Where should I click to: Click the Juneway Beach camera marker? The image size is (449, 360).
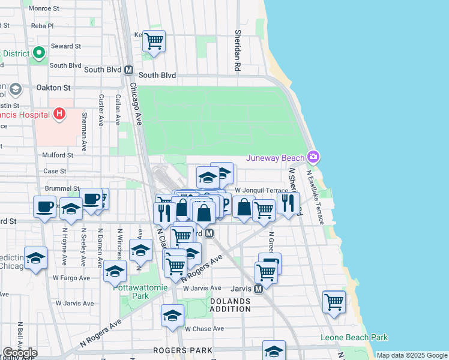(x=313, y=157)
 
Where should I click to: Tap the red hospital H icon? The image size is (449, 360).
(x=59, y=113)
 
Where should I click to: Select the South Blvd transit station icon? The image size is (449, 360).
(x=128, y=70)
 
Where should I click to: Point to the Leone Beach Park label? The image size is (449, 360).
(x=354, y=337)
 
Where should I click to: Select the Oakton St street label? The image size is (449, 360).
(x=53, y=87)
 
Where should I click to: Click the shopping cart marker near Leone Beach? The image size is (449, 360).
(x=334, y=302)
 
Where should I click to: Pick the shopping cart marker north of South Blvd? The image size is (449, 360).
(x=154, y=41)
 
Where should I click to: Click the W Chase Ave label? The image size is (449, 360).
(x=204, y=329)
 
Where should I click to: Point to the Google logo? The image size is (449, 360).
(x=20, y=353)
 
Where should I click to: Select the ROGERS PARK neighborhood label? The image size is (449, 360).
(x=182, y=350)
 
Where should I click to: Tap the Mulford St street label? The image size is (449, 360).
(x=58, y=155)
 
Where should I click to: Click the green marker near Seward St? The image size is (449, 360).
(x=40, y=53)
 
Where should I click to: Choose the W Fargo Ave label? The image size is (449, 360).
(x=71, y=278)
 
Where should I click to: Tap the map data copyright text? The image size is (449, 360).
(x=411, y=355)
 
